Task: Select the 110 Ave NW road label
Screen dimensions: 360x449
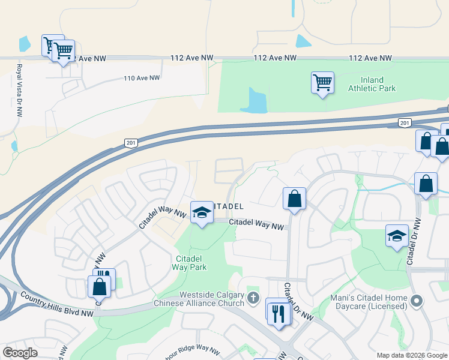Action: coord(142,78)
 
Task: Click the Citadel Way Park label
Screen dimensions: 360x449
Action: coord(191,263)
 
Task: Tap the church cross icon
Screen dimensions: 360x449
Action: coord(253,298)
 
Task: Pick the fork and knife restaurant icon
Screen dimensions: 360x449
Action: coord(278,313)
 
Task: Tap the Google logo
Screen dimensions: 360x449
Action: coord(20,353)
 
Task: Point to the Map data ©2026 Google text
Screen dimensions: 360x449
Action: coord(411,355)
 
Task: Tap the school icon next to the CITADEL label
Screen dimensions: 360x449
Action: coord(202,212)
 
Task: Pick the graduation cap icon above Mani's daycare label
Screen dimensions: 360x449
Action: coord(397,237)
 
